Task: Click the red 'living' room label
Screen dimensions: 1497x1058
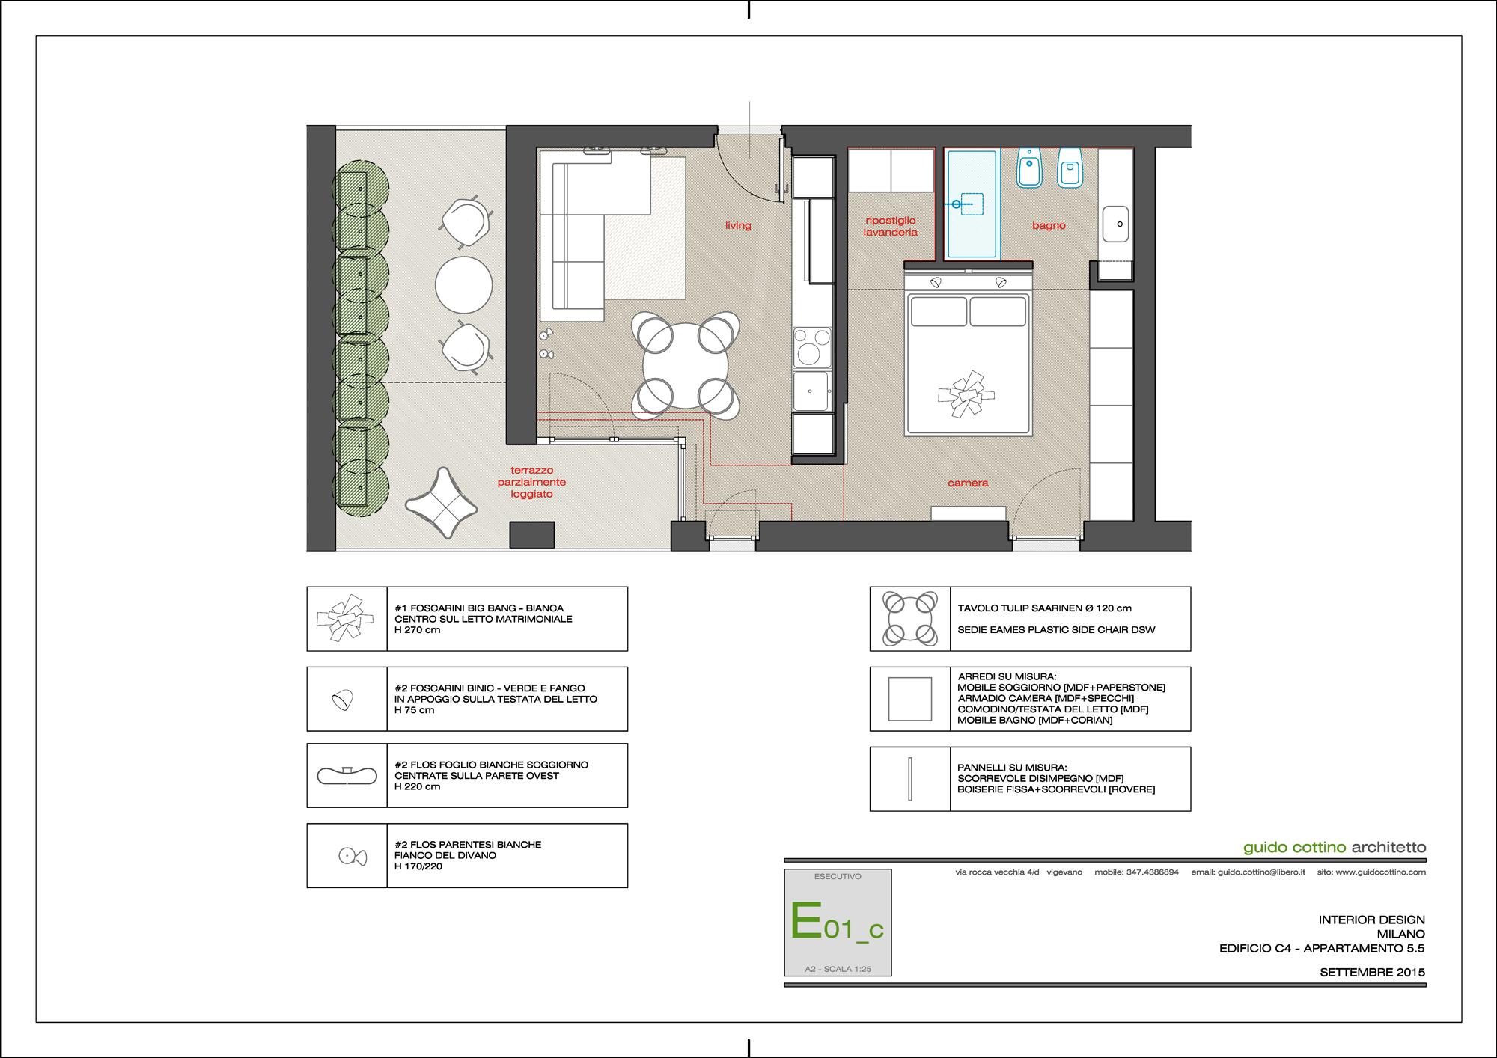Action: point(738,225)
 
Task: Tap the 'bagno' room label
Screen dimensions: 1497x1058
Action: point(1049,226)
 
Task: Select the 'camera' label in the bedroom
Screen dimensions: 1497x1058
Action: point(968,483)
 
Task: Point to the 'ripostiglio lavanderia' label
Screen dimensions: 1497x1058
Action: point(891,226)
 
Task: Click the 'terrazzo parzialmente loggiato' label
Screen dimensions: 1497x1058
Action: point(531,482)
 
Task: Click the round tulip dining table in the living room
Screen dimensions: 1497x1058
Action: point(686,366)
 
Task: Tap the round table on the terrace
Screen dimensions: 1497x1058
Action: point(464,285)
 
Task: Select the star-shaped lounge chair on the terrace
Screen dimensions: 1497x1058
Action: point(442,504)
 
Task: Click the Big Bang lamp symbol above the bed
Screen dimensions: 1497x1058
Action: point(966,394)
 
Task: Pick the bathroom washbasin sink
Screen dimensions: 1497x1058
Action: point(1115,224)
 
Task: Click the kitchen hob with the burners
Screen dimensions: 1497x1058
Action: point(812,346)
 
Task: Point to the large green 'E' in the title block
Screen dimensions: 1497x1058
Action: point(806,920)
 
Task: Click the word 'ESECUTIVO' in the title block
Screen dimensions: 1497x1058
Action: point(838,876)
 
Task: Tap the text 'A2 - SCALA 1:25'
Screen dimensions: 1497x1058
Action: point(838,969)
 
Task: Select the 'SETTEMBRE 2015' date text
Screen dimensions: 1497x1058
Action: point(1372,973)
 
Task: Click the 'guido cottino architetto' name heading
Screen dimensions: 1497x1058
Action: point(1335,847)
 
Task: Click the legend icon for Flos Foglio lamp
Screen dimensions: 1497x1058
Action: point(347,776)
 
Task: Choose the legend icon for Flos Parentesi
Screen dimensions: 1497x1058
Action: point(353,856)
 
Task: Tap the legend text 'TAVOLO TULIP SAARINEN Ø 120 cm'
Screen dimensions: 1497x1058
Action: point(1044,608)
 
